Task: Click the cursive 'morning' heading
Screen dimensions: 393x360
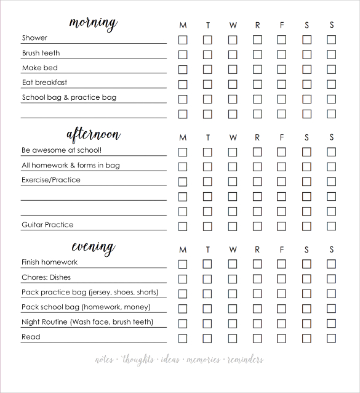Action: pos(93,23)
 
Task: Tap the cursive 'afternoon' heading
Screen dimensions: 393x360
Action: pos(93,134)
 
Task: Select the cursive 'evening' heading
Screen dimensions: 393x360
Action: pos(93,247)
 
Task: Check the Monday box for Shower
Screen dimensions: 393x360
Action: pos(183,39)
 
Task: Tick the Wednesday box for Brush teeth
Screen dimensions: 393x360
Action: pos(233,54)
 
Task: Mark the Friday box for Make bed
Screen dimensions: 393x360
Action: pos(282,69)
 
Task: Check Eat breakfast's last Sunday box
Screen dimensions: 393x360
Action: pos(332,84)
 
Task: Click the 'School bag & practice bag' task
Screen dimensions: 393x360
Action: pos(69,97)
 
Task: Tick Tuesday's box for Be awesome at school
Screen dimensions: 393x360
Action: pos(207,152)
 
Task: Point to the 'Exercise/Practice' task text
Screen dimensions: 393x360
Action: pos(51,180)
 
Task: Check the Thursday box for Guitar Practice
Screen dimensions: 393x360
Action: pos(257,226)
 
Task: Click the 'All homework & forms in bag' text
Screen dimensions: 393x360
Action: pos(71,165)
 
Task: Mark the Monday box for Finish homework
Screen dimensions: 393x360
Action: pos(183,264)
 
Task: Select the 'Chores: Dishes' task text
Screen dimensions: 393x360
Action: pos(46,277)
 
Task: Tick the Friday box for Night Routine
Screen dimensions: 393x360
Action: pos(282,323)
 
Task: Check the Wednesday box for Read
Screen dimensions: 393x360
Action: pos(233,338)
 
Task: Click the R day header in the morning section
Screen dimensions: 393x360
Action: pos(257,25)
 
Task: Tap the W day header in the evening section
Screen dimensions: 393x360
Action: pos(233,249)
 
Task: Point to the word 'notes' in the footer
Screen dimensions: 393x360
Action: pos(104,360)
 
